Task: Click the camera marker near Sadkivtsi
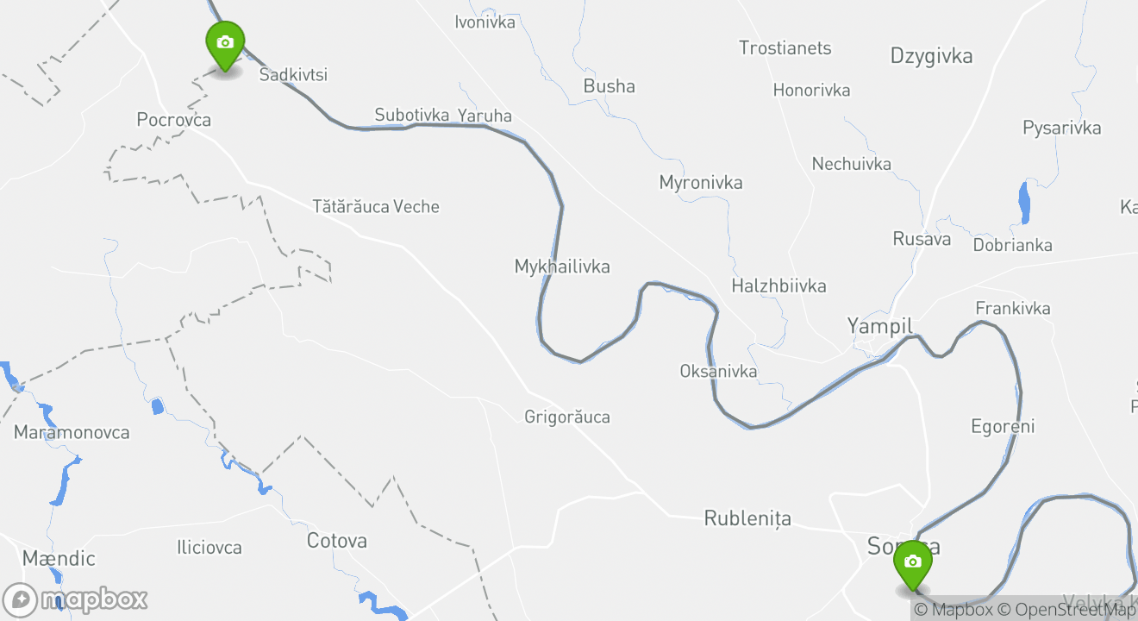[x=225, y=44]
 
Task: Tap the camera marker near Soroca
[x=913, y=563]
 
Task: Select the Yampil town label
[x=879, y=326]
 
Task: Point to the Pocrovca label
[x=174, y=120]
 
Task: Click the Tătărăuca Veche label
[x=376, y=207]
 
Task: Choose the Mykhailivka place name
[x=562, y=267]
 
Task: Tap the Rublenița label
[x=747, y=518]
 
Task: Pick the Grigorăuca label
[x=567, y=417]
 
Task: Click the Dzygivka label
[x=931, y=57]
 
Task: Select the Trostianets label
[x=785, y=48]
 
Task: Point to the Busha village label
[x=610, y=86]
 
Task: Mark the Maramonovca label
[x=72, y=433]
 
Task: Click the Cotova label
[x=337, y=541]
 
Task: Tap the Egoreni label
[x=1003, y=426]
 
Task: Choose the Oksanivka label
[x=718, y=372]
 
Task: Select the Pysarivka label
[x=1061, y=129]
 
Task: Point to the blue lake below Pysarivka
[x=1024, y=203]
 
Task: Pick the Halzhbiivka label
[x=778, y=285]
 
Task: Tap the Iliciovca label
[x=209, y=548]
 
